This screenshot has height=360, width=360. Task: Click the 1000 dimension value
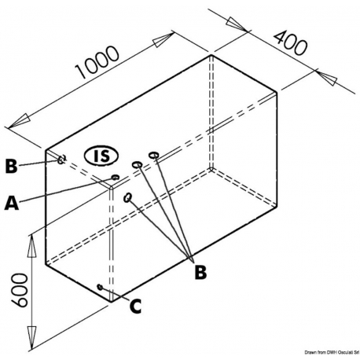(97, 62)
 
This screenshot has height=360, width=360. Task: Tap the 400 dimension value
(290, 43)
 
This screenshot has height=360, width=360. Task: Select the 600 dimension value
(20, 290)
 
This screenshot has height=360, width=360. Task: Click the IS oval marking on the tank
(101, 156)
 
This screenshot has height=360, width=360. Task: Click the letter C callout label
(136, 306)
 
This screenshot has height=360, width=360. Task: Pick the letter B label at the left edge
(11, 166)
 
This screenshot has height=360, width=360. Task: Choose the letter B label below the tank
(200, 273)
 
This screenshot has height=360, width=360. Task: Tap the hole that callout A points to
(115, 178)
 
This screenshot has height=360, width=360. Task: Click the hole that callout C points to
(100, 287)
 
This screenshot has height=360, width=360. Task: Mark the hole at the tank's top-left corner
(62, 160)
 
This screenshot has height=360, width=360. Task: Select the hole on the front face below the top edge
(127, 197)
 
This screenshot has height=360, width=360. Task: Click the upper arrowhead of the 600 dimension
(31, 246)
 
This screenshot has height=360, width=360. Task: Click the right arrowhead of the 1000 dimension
(163, 40)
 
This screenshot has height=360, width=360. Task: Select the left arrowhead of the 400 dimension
(237, 24)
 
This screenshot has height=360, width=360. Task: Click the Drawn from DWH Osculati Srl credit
(332, 352)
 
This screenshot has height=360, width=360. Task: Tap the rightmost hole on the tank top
(153, 155)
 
